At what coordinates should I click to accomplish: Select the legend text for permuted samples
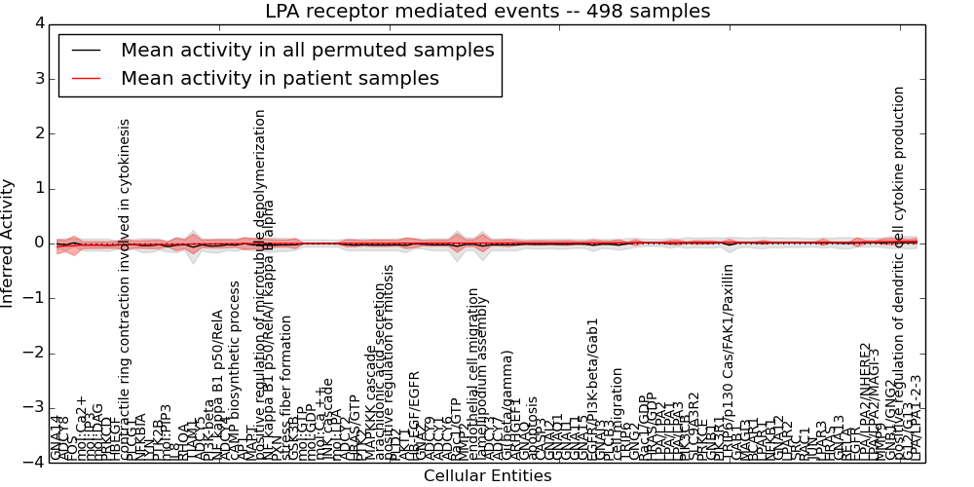click(307, 50)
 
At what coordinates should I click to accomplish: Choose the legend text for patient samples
click(280, 78)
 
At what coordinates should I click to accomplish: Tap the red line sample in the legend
click(86, 78)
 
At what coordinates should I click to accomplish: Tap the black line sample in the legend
click(86, 50)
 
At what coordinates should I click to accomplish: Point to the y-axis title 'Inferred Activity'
click(9, 243)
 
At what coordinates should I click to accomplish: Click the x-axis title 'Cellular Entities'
click(487, 476)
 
